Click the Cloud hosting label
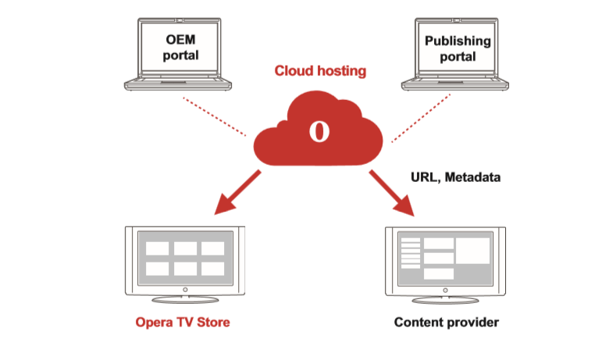[319, 71]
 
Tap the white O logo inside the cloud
[319, 130]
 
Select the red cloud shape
[344, 141]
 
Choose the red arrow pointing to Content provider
[394, 193]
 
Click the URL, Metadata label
[455, 177]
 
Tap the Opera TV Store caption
[183, 322]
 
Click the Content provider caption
[446, 322]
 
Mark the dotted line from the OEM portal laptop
[214, 117]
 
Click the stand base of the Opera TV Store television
[184, 299]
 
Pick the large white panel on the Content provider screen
[472, 251]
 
